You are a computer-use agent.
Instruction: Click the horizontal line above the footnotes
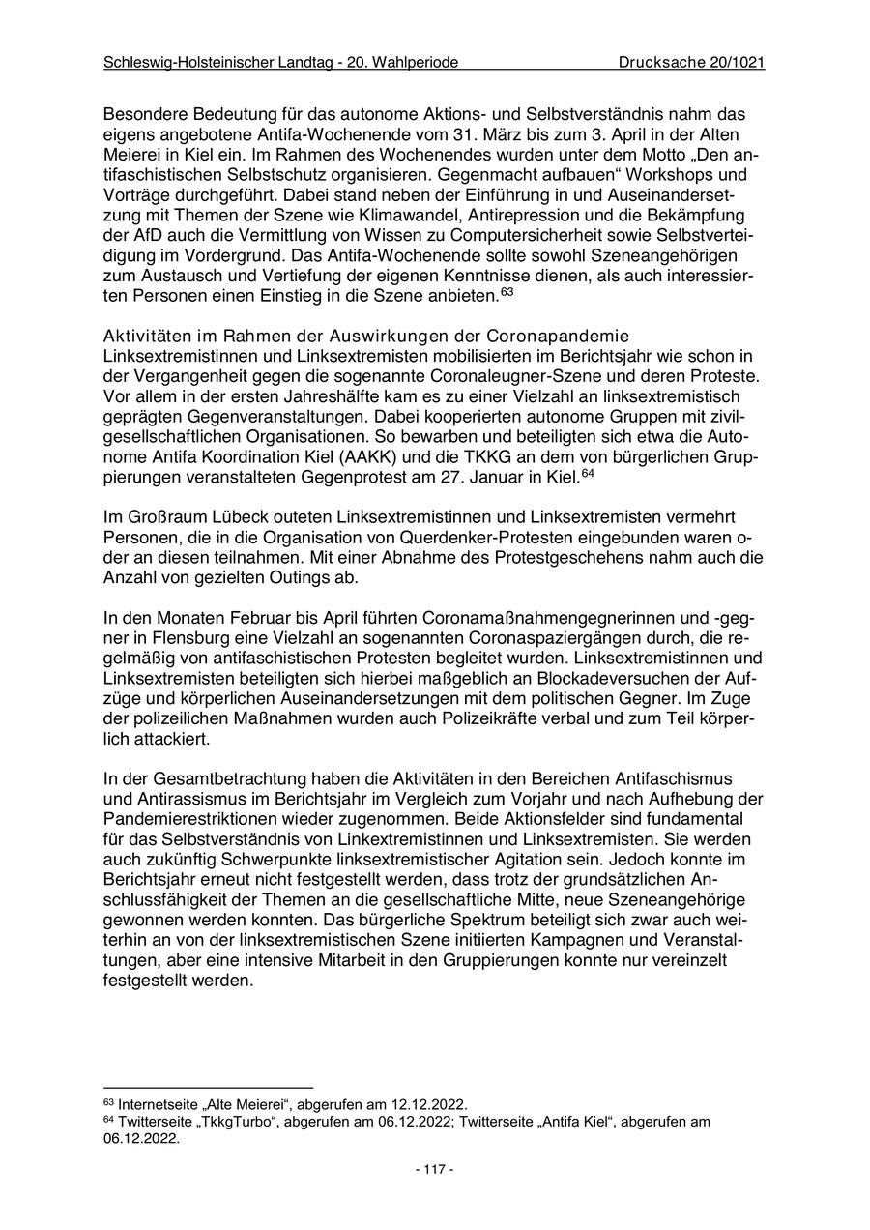tap(208, 1088)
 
